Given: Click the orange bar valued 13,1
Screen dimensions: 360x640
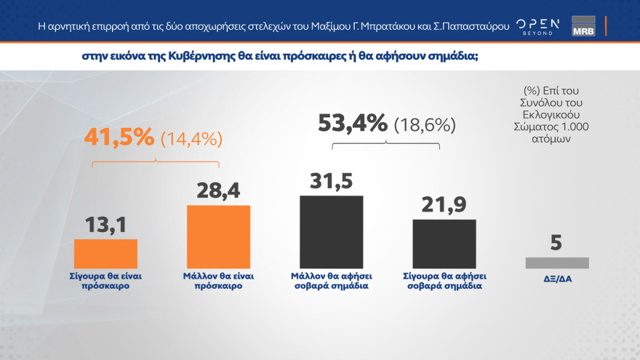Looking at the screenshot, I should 105,254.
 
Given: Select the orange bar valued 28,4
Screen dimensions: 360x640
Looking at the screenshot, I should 218,237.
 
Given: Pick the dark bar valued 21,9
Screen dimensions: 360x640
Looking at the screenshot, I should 444,244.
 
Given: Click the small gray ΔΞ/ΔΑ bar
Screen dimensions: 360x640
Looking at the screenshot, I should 556,263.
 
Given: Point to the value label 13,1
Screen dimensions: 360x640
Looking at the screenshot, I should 105,224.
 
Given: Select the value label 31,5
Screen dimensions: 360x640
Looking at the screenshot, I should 331,180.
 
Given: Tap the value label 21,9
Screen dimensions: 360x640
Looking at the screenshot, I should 444,204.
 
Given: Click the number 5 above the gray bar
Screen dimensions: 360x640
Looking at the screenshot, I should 556,242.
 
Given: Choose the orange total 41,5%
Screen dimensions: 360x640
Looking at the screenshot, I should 119,137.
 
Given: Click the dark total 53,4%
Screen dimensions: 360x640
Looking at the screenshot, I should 353,124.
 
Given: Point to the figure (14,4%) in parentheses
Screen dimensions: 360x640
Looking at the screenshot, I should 191,138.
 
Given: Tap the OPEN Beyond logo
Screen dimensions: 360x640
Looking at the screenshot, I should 537,26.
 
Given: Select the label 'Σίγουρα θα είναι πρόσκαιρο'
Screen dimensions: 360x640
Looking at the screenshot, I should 105,281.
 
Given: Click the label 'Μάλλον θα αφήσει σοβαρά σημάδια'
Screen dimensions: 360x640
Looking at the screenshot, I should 331,281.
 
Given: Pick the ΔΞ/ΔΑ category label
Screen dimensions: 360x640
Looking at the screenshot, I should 556,279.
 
